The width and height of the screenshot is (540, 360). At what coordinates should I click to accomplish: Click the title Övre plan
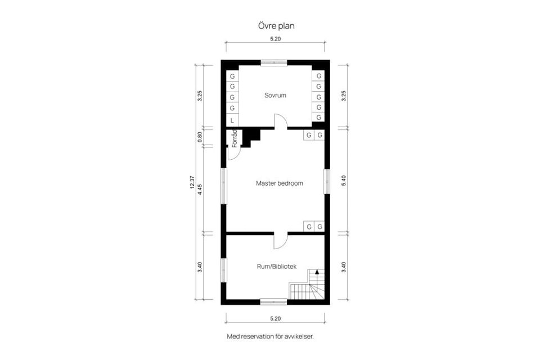[275, 26]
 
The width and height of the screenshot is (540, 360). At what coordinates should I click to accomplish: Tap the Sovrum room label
[275, 95]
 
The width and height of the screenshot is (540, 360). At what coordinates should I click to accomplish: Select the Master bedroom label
[279, 183]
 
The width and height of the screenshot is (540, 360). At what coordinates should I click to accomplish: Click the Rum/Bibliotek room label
[276, 266]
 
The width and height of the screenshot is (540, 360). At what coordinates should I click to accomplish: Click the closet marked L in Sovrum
[232, 120]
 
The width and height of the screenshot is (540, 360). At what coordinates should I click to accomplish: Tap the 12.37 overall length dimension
[192, 183]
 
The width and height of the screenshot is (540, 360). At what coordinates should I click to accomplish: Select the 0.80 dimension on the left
[200, 137]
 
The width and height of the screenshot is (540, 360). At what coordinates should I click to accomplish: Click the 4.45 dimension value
[200, 190]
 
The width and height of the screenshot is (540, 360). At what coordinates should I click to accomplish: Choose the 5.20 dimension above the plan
[275, 39]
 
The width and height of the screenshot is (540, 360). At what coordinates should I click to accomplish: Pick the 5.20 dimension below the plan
[275, 318]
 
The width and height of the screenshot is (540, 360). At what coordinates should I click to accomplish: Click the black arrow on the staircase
[317, 272]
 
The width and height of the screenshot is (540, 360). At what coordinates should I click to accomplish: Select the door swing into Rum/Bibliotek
[280, 241]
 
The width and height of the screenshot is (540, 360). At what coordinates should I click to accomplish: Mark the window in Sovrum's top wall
[273, 62]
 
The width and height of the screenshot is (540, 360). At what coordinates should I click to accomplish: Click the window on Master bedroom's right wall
[326, 182]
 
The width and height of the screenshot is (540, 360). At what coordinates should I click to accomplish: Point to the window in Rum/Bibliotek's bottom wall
[273, 301]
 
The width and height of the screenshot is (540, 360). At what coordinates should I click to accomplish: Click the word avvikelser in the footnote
[298, 336]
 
